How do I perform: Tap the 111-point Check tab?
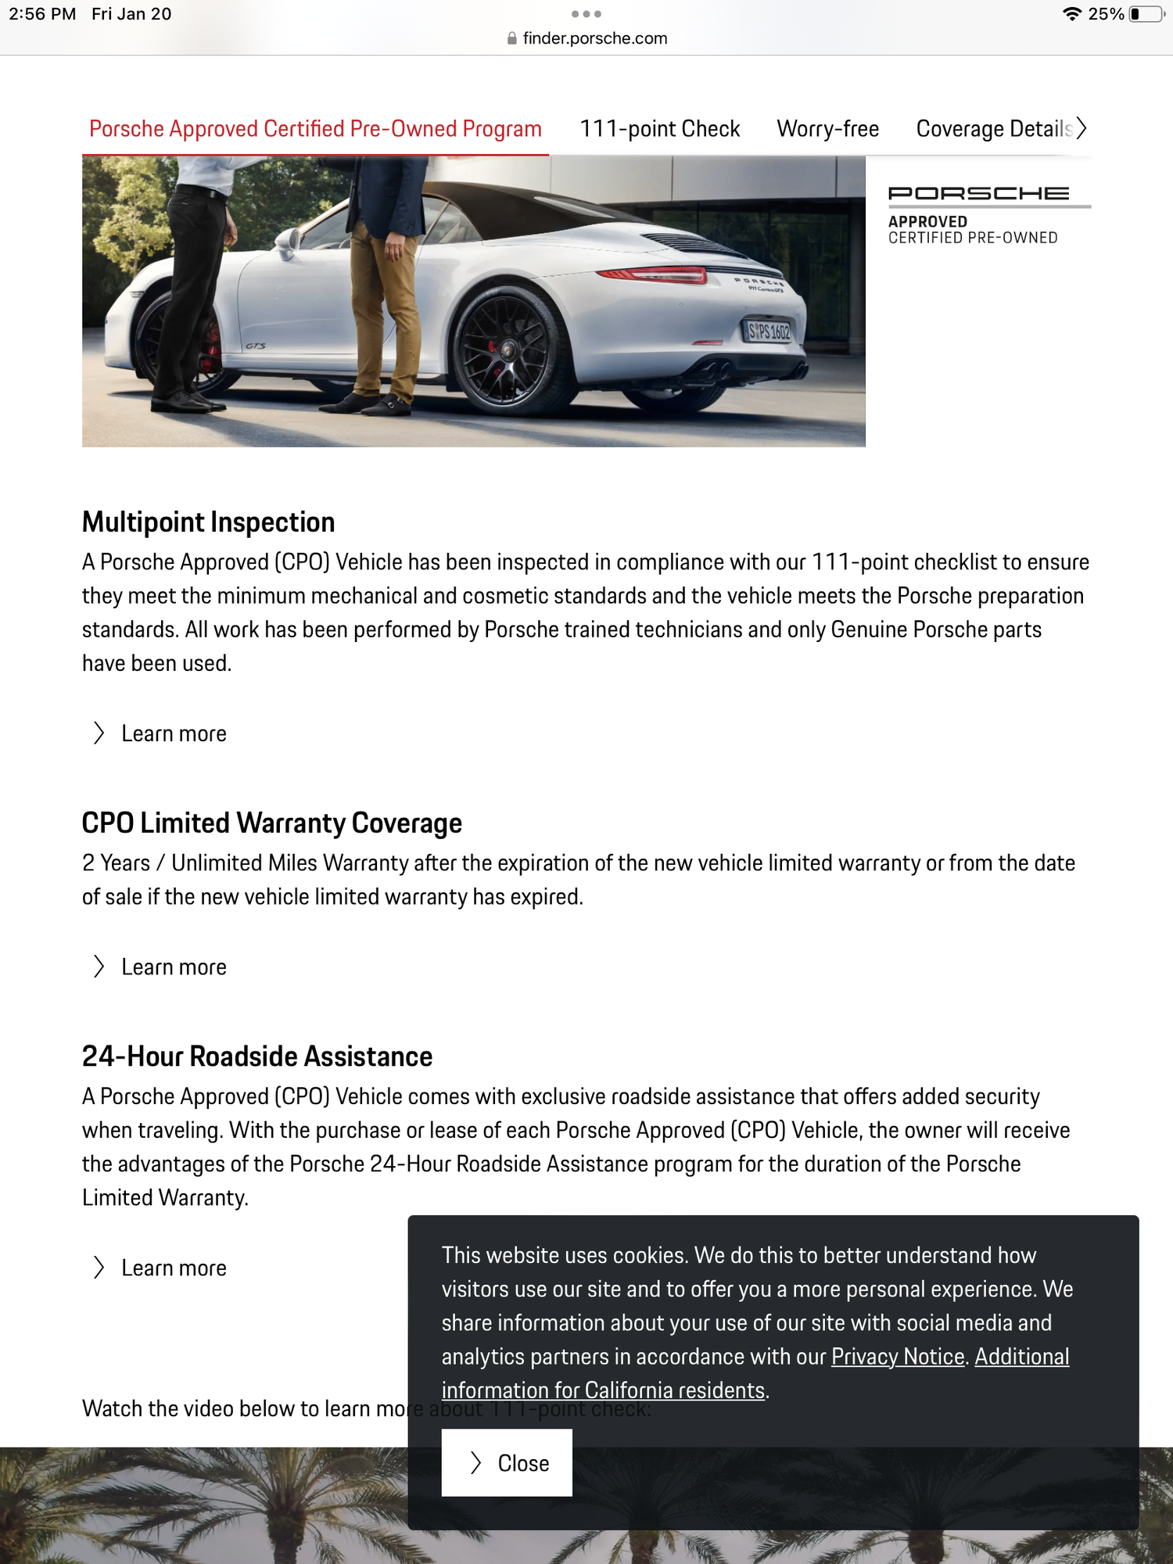[x=659, y=129]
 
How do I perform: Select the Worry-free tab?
[x=827, y=129]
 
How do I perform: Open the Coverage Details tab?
[x=993, y=129]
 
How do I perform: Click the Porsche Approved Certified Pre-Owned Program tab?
[x=315, y=129]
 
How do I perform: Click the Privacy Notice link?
[x=897, y=1357]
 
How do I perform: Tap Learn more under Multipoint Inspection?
[x=173, y=734]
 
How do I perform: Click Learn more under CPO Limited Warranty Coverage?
[x=173, y=967]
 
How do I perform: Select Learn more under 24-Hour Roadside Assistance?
[x=173, y=1268]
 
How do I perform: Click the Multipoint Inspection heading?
[x=208, y=522]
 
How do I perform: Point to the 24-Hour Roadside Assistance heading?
[x=256, y=1056]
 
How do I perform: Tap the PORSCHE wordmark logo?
[x=978, y=193]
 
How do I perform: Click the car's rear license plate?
[x=768, y=332]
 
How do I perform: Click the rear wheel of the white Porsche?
[x=508, y=350]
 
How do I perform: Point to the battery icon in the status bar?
[x=1146, y=14]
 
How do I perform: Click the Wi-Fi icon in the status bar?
[x=1071, y=14]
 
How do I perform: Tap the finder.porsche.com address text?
[x=594, y=38]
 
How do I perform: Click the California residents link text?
[x=603, y=1390]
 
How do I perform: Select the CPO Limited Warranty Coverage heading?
[x=271, y=823]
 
